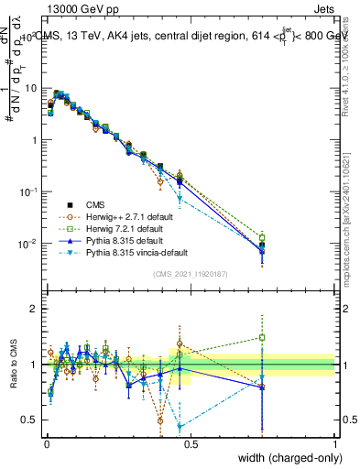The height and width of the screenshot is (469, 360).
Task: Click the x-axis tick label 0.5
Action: pos(191,444)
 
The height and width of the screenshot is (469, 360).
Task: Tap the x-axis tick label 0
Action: pos(46,444)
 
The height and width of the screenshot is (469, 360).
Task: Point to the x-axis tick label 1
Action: pos(335,444)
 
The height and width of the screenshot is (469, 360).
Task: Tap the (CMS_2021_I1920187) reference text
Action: pos(190,274)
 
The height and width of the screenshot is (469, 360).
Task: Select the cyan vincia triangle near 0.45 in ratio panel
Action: pos(180,427)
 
